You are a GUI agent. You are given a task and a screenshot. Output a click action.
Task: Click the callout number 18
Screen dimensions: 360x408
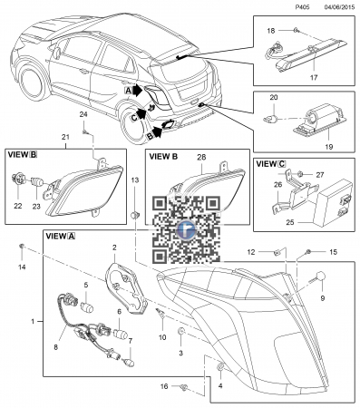(x=271, y=31)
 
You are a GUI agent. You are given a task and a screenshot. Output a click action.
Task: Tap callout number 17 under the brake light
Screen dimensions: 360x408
(x=314, y=78)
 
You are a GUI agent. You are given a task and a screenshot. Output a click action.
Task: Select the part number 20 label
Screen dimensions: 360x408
(x=274, y=97)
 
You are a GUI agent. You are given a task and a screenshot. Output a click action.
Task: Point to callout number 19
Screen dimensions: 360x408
(x=328, y=147)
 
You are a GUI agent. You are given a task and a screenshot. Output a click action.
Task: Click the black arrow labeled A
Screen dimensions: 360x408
(x=138, y=90)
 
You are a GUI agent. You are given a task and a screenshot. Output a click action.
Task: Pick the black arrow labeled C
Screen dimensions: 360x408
(x=141, y=114)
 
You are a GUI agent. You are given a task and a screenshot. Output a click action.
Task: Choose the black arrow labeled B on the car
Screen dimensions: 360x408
(x=157, y=132)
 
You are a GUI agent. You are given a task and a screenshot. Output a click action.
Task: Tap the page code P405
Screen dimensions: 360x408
(x=303, y=7)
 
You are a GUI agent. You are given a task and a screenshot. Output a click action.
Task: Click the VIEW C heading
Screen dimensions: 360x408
(x=270, y=164)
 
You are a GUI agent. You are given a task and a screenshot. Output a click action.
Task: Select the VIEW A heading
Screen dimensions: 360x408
(x=60, y=236)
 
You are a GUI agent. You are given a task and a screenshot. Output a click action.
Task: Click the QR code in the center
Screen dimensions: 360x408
(x=186, y=229)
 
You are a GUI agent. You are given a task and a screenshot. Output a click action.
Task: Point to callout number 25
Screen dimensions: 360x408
(x=290, y=222)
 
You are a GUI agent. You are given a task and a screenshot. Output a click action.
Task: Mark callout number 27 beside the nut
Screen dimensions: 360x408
(x=320, y=175)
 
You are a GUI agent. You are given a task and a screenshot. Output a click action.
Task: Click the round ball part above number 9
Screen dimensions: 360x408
(x=320, y=277)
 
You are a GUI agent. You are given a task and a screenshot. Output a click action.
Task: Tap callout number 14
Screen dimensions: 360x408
(x=22, y=267)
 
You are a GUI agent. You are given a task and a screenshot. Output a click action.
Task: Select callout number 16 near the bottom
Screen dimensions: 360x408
(x=164, y=386)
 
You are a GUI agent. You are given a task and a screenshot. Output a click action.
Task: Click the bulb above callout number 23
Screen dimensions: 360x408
(x=37, y=182)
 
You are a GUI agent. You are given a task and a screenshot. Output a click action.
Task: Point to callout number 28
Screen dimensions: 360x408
(x=201, y=157)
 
